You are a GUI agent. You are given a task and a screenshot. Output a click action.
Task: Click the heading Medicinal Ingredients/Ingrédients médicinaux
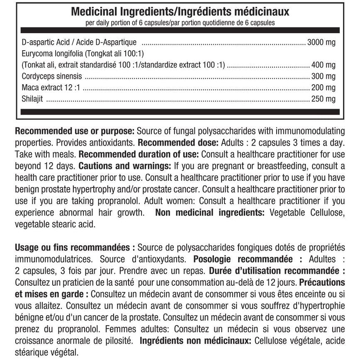click(x=180, y=12)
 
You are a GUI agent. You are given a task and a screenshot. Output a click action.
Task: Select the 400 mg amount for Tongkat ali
click(x=323, y=65)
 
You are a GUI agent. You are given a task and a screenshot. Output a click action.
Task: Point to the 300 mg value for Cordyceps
click(x=323, y=76)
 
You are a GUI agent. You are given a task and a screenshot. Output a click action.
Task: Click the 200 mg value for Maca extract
click(x=323, y=88)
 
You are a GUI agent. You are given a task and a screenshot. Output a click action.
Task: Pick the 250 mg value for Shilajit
click(x=323, y=99)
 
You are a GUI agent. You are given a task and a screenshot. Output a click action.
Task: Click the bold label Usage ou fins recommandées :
click(x=75, y=248)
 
